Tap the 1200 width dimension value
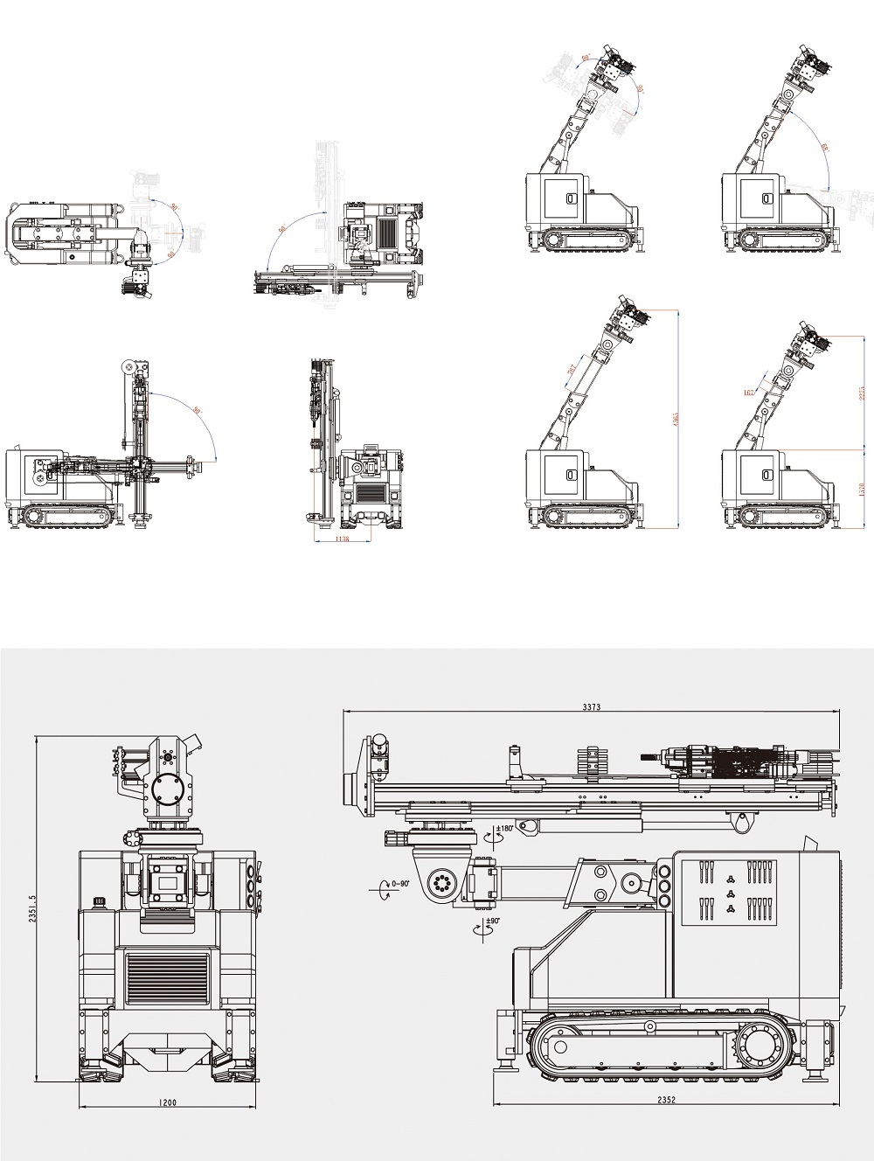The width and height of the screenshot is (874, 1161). pos(169,1103)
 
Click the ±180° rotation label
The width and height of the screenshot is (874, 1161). pos(504,828)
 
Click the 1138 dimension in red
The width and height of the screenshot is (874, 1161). pos(343,539)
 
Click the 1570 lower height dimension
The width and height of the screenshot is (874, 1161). pos(861,489)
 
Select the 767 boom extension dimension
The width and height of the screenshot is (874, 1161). pos(572,370)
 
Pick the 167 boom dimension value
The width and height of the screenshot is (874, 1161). pos(749,393)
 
